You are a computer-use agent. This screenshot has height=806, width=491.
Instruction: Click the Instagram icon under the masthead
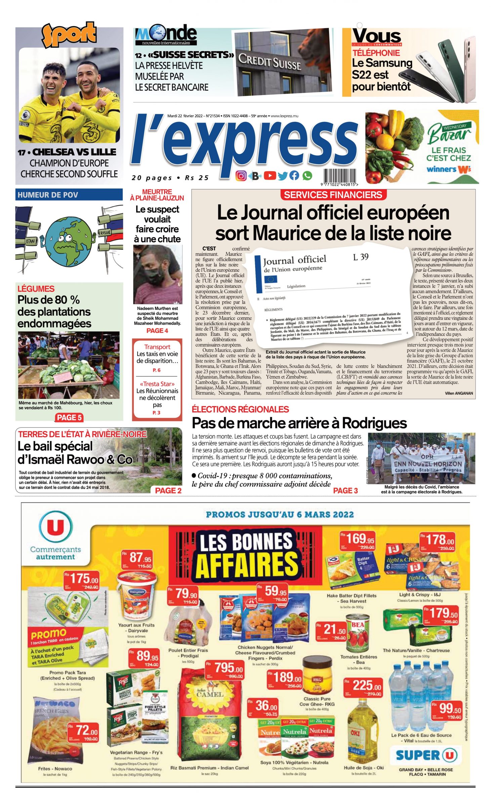[241, 176]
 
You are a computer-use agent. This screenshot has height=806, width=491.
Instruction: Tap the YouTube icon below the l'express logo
[270, 175]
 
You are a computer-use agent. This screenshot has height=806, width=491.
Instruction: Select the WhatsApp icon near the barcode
[307, 175]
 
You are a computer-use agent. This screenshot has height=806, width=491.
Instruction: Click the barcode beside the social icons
[340, 176]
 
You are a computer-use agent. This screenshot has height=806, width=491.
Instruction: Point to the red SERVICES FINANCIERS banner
[333, 195]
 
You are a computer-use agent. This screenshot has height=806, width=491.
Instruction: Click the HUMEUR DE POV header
[69, 195]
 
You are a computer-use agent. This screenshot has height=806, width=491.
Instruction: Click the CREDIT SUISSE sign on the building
[269, 61]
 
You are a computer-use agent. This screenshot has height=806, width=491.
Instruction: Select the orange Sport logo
[69, 34]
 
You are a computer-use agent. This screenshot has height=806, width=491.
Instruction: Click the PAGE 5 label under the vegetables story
[69, 417]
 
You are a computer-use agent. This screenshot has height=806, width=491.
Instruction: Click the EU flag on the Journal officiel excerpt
[271, 279]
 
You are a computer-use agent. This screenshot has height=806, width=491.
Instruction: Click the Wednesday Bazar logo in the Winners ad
[449, 133]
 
